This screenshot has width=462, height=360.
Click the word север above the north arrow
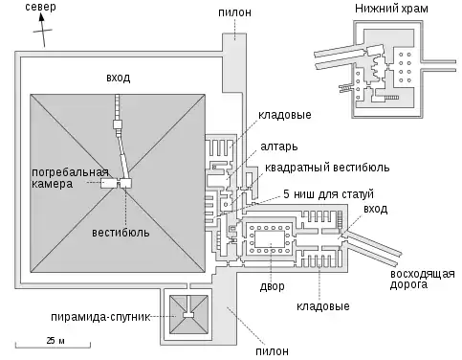tap(40, 7)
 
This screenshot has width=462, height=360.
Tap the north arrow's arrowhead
tap(42, 17)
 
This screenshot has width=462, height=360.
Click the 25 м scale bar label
tap(55, 341)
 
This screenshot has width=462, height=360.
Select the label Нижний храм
tap(391, 9)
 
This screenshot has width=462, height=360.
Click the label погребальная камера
tap(70, 178)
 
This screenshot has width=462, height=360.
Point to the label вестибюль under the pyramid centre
tap(121, 233)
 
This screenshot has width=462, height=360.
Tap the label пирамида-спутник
tap(100, 317)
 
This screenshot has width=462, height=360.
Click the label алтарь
tap(279, 146)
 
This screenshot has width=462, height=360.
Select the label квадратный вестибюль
tap(327, 168)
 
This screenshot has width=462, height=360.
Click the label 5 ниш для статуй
tap(328, 194)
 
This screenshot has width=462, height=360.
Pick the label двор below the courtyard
tap(272, 286)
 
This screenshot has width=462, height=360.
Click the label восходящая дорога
tap(422, 280)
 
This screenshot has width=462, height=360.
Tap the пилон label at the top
tap(234, 12)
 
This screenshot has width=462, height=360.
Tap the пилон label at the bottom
tap(272, 351)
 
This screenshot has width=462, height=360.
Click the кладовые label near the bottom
tap(322, 306)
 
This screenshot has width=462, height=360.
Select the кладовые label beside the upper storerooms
tap(284, 115)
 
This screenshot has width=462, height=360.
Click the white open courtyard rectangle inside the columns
tap(270, 238)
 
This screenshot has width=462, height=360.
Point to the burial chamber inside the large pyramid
tap(108, 183)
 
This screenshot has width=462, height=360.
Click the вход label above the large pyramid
tap(119, 78)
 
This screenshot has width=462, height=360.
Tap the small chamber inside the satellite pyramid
tap(188, 315)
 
